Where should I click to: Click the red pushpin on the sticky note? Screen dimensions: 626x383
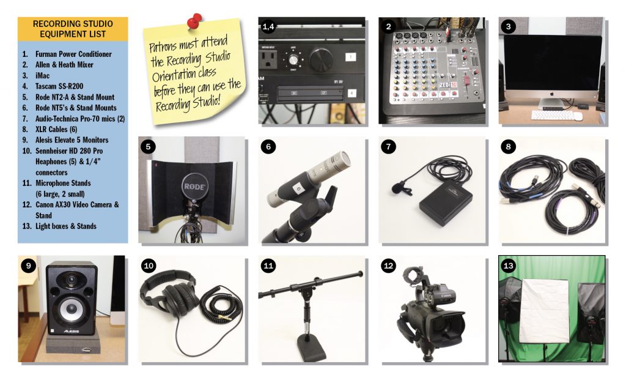[x=194, y=21]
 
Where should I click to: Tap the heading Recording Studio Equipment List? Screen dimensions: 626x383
[x=73, y=29]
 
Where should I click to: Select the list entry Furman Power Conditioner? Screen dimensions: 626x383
[x=73, y=54]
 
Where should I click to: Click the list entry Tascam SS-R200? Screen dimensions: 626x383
[x=59, y=86]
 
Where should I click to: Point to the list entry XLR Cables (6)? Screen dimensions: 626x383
[x=56, y=129]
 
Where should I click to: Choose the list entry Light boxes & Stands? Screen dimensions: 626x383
[x=66, y=226]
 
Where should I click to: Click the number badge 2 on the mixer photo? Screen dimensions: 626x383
[x=388, y=26]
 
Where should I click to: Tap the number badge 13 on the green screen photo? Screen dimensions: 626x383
[x=508, y=266]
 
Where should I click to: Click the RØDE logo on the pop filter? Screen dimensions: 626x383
[x=194, y=187]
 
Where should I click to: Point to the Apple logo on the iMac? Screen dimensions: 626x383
[x=553, y=94]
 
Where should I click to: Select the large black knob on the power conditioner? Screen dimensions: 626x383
[x=322, y=59]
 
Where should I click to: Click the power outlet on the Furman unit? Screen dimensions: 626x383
[x=268, y=59]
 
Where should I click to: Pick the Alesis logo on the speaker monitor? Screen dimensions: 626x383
[x=72, y=331]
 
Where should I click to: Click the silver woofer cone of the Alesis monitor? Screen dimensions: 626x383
[x=71, y=308]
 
